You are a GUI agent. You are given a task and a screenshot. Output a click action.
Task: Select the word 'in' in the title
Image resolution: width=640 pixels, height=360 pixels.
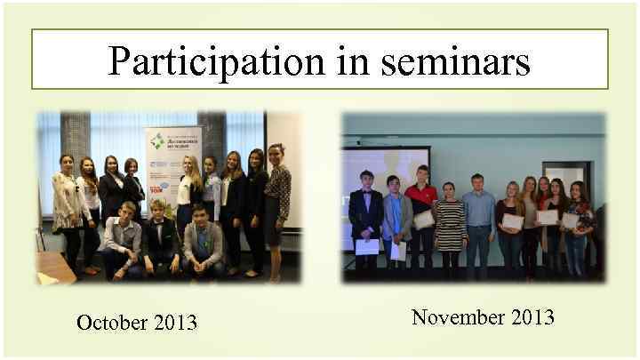[x=353, y=60]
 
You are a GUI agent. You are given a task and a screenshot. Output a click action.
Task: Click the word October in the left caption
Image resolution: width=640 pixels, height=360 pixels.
[x=111, y=322]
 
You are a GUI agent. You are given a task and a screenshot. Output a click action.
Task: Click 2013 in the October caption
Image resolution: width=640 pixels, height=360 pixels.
[x=174, y=322]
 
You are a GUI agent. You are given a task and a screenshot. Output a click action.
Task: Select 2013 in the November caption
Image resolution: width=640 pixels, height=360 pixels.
[x=532, y=316]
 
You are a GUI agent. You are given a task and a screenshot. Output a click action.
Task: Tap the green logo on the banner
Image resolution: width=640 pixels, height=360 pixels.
[x=157, y=140]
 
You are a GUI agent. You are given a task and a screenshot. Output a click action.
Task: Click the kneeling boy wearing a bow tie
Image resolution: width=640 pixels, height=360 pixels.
[x=160, y=236]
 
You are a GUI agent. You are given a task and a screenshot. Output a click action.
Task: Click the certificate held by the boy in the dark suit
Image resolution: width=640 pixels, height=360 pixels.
[x=366, y=246]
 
